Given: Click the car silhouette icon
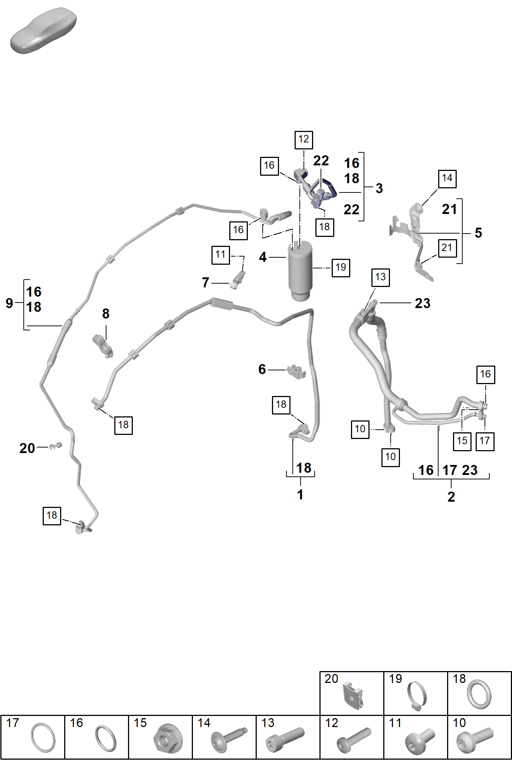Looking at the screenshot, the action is (43, 30).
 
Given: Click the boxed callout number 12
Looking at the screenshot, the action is (304, 140).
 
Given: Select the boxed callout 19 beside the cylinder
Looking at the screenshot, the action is (341, 267).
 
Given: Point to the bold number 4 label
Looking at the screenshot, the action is (263, 257).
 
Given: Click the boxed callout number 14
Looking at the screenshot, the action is (447, 179).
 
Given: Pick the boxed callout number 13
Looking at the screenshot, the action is (380, 277).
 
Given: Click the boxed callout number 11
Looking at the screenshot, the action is (221, 255).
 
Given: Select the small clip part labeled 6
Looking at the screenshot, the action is (296, 371).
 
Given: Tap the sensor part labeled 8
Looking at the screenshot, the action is (103, 345).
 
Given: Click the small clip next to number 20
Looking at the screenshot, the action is (56, 446).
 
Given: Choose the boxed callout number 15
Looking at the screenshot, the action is (462, 441).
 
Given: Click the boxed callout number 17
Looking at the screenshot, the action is (485, 441).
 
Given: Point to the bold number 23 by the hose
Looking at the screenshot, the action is (423, 303).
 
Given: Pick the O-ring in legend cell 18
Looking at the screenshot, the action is (479, 694).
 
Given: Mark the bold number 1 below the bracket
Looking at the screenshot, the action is (300, 495).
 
